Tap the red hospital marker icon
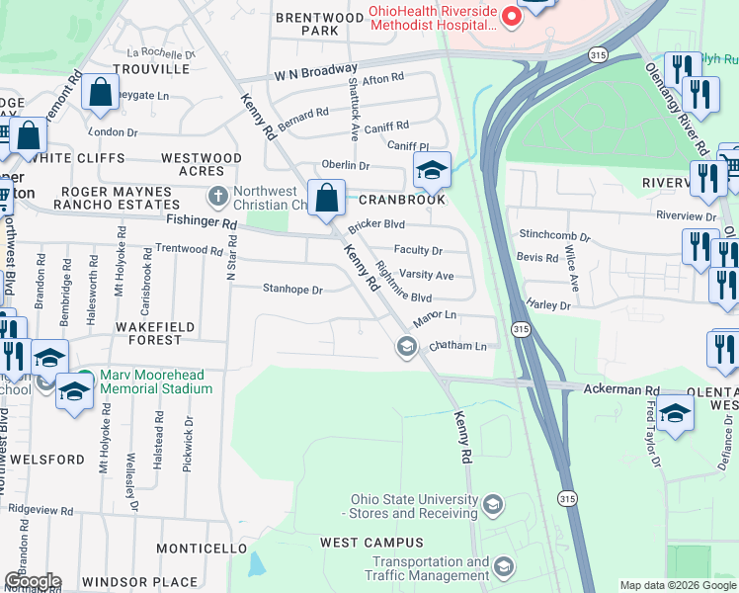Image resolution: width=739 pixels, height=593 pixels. point(511,16)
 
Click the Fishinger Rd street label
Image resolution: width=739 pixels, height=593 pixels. point(203,225)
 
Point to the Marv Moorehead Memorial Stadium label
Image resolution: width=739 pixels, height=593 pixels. point(155,381)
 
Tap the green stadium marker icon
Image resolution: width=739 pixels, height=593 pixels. point(86,378)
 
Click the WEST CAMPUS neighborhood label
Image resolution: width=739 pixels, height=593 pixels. point(371,543)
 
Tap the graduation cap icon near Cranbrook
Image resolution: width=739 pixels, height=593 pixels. point(432,172)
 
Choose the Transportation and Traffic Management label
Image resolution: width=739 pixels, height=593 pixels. point(427,567)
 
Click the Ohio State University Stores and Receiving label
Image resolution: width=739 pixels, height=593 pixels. point(410,506)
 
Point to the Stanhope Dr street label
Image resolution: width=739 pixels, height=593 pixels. point(293,291)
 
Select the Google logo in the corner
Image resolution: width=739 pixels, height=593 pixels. point(32,581)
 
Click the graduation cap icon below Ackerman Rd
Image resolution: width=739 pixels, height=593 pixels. point(675,414)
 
